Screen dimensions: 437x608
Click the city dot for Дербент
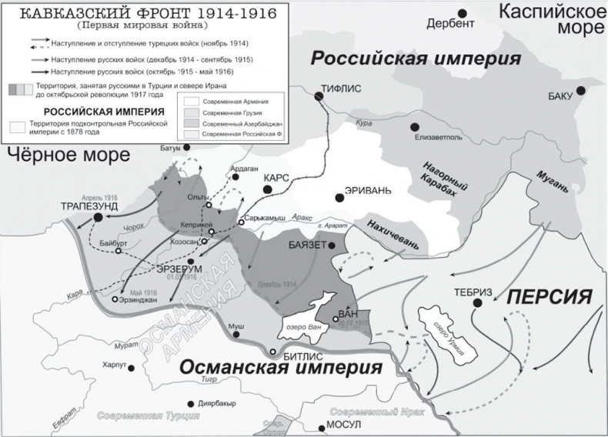(463, 12)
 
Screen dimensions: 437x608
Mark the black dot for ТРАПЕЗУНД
(98, 218)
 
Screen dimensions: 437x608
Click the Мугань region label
(559, 180)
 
